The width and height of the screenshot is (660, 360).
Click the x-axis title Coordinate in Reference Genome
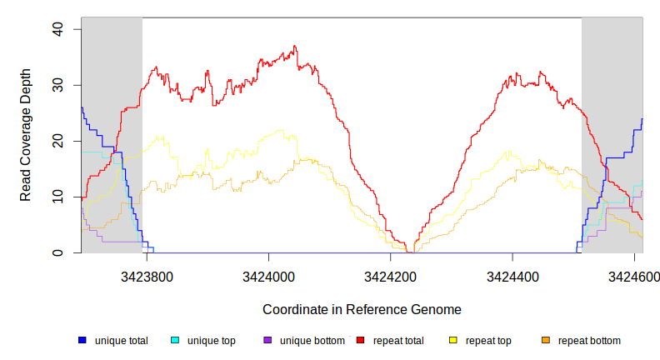coord(362,309)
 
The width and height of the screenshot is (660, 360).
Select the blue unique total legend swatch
coord(82,341)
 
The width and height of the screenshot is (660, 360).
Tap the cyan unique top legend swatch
coord(175,341)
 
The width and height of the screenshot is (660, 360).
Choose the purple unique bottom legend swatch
coord(267,341)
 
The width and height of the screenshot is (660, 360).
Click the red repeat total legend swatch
coord(360,341)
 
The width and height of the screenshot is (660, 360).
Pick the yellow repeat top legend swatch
coord(453,341)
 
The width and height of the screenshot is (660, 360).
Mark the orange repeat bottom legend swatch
coord(546,341)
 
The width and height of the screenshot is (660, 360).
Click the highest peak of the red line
coord(295,47)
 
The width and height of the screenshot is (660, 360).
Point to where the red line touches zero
coord(409,252)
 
